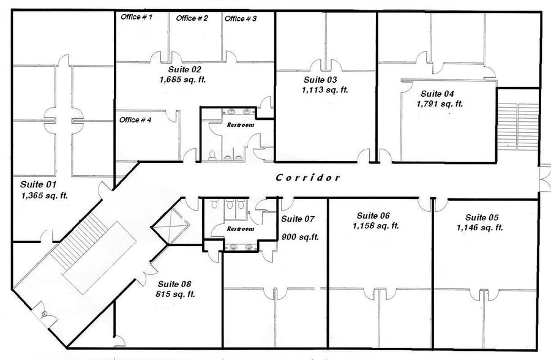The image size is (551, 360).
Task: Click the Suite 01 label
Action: point(38,184)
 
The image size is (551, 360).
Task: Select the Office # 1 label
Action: point(136,17)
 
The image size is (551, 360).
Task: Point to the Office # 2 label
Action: point(192,18)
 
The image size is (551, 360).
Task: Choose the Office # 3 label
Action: point(241,18)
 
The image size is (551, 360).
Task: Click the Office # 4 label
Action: point(135,119)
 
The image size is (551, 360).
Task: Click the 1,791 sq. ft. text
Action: point(440,104)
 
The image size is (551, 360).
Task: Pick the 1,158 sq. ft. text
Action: point(376,226)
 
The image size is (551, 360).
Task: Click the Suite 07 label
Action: point(297,219)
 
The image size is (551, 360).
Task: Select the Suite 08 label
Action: point(174,284)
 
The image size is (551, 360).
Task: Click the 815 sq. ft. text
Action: point(174,294)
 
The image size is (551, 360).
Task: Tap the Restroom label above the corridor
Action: point(240,125)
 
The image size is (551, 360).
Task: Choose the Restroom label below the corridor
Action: point(240,229)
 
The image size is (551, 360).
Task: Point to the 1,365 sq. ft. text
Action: point(44,196)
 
